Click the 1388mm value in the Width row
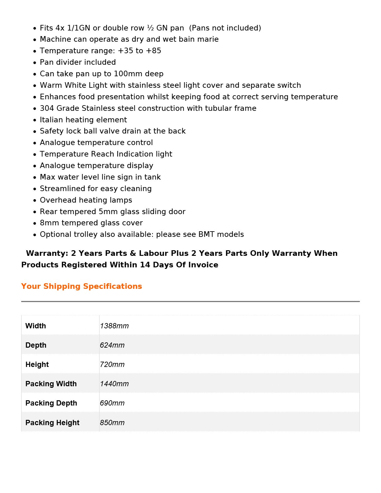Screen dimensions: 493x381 coord(114,326)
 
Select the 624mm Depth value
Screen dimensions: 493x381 coord(112,345)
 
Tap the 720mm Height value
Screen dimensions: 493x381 coord(112,364)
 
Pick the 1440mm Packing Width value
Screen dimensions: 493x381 coord(114,384)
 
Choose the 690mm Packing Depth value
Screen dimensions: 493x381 coord(112,403)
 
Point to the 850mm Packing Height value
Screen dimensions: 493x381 coord(112,423)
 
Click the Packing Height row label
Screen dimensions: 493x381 coord(52,423)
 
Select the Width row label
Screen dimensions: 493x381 coord(35,326)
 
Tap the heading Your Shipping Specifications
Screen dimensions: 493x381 coord(82,286)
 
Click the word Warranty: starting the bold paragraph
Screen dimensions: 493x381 coord(47,253)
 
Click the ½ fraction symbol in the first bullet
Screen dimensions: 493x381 coord(150,28)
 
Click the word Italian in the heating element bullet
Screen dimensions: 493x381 coord(50,120)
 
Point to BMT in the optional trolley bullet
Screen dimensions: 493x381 coord(206,234)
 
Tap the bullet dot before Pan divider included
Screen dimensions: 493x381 coord(35,63)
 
